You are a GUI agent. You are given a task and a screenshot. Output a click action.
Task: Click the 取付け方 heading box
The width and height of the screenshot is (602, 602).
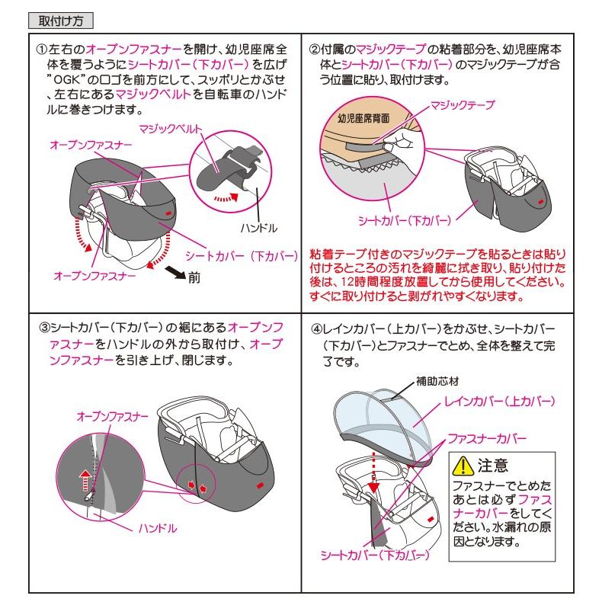[x=61, y=21]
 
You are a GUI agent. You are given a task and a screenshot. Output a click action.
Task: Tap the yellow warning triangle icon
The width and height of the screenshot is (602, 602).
[x=463, y=466]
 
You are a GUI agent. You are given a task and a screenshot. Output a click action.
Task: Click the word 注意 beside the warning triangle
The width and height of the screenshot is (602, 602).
[x=493, y=466]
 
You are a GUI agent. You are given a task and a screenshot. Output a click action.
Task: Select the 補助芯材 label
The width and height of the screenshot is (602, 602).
[x=437, y=381]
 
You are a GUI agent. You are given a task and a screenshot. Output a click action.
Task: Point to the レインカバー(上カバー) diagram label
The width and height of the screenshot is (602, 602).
[x=500, y=402]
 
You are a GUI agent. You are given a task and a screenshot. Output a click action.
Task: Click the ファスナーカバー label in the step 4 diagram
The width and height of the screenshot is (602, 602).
[x=487, y=438]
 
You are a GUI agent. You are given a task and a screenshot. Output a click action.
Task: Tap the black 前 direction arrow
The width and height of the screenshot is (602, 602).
[x=175, y=273]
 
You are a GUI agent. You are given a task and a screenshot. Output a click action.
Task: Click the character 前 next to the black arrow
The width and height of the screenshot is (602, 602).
[x=194, y=278]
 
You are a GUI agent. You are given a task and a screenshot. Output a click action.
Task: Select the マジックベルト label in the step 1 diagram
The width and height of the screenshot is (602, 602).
[x=171, y=129]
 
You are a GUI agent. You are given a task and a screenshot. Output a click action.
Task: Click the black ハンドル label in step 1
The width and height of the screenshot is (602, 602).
[x=259, y=228]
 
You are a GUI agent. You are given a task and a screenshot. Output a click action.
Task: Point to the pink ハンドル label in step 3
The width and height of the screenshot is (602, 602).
[x=158, y=529]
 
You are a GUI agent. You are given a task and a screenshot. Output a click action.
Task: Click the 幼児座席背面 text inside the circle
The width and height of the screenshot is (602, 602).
[x=363, y=118]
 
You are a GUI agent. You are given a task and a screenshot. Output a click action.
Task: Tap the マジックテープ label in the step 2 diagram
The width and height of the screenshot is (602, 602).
[x=463, y=105]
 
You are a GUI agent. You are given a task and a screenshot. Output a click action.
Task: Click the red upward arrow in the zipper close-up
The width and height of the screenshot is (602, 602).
[x=85, y=480]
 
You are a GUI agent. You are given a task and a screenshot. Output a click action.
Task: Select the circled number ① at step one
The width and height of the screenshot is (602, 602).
[x=41, y=50]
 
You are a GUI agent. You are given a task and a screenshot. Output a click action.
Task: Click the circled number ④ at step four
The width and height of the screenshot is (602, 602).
[x=316, y=329]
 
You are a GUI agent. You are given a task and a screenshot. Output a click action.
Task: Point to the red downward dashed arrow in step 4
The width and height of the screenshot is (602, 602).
[x=373, y=472]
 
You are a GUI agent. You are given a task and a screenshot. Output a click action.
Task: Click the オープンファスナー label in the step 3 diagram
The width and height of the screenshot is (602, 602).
[x=113, y=417]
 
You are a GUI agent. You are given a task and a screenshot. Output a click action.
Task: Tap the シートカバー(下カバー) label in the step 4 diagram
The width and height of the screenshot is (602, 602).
[x=375, y=556]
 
